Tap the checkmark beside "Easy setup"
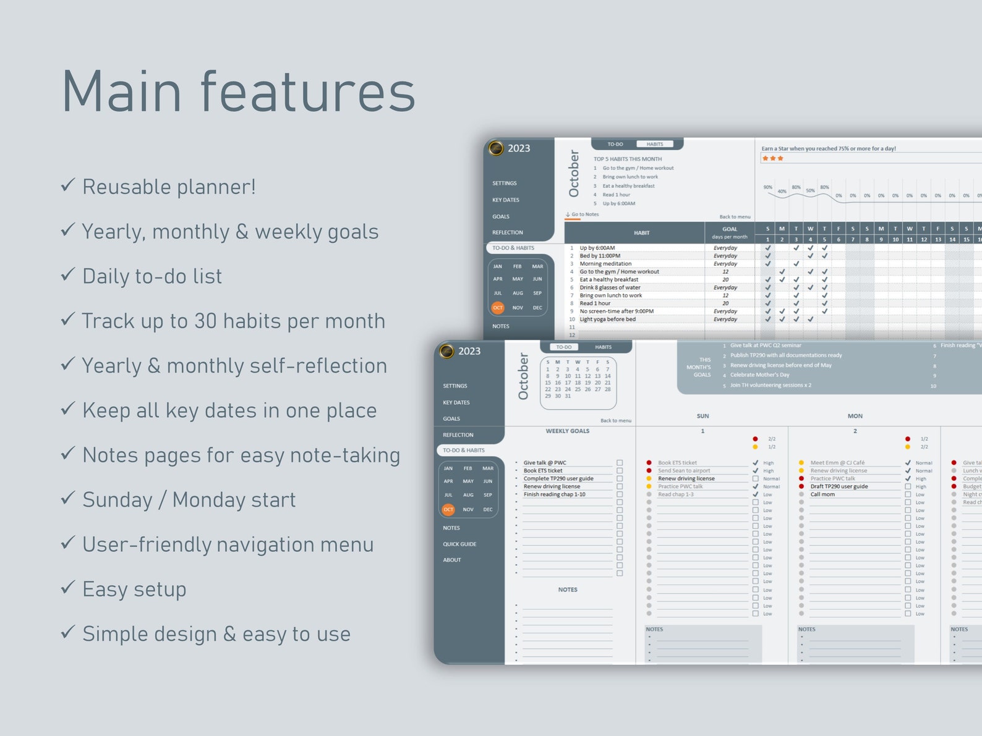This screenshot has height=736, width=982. (x=68, y=587)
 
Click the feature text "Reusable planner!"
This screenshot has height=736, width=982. (x=169, y=187)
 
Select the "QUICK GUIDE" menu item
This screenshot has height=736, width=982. (x=459, y=544)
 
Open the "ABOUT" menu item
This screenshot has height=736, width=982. (x=452, y=560)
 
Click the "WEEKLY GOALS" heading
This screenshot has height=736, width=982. (x=567, y=431)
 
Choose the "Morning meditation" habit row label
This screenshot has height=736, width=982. (x=605, y=264)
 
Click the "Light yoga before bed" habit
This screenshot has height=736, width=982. (x=607, y=319)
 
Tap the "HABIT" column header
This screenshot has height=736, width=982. (x=641, y=233)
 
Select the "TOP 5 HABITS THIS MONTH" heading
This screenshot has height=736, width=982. (x=628, y=159)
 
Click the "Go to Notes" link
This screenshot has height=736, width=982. (x=584, y=214)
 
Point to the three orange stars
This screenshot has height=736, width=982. (x=773, y=159)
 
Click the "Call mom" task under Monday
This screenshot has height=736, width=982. (x=822, y=494)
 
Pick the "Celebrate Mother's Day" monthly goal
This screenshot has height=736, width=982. (x=759, y=375)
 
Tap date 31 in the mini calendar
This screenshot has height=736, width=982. (x=568, y=396)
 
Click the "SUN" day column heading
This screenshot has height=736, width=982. (x=702, y=417)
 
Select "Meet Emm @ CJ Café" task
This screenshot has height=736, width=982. (x=837, y=463)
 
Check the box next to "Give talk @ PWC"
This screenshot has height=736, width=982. (x=620, y=463)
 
